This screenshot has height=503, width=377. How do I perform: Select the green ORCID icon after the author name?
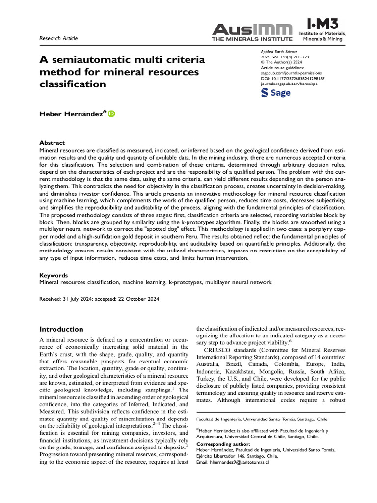coord(111,114)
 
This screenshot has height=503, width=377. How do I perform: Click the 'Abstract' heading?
coord(52,143)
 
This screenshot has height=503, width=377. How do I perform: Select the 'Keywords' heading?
coord(54,276)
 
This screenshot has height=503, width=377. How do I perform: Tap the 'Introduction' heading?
coord(61,329)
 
